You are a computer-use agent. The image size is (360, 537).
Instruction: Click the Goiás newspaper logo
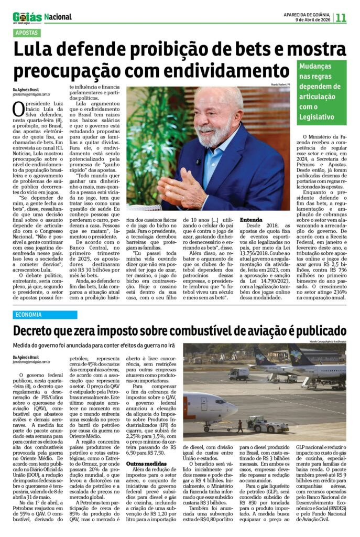(27, 17)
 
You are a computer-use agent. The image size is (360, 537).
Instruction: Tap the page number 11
(341, 17)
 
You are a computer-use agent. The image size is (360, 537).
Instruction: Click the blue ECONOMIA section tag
(30, 315)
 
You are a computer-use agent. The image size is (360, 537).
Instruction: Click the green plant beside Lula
(144, 152)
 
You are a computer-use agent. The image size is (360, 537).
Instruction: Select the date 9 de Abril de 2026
(312, 19)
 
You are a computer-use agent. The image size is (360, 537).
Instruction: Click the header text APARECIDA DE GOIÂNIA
(306, 14)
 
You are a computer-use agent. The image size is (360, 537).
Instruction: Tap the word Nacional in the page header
(58, 17)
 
